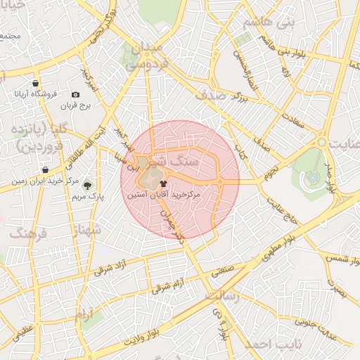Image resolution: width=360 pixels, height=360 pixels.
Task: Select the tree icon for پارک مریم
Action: point(87,186)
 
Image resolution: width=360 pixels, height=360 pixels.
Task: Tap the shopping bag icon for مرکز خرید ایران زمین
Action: point(45,169)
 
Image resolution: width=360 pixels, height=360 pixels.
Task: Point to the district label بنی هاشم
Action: point(266,23)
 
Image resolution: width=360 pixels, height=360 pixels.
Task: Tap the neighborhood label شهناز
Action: point(87,229)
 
